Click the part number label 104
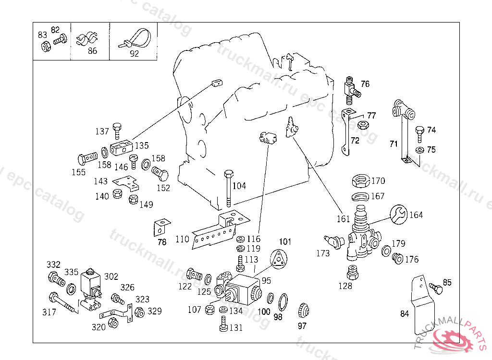pos(239,186)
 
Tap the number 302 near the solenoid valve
pos(111,276)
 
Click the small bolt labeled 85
pos(436,288)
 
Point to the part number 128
pos(345,286)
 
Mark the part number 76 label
pos(365,84)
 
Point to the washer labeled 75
pos(419,150)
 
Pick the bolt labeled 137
pos(117,131)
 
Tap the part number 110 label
pos(182,239)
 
